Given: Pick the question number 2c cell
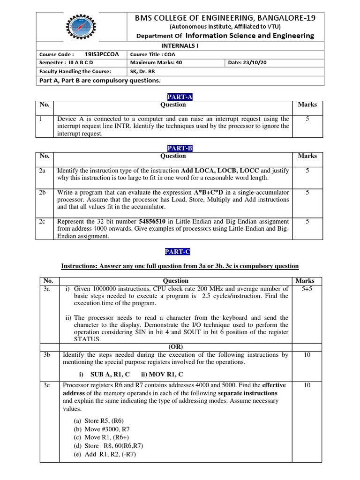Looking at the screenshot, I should tap(43, 221).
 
